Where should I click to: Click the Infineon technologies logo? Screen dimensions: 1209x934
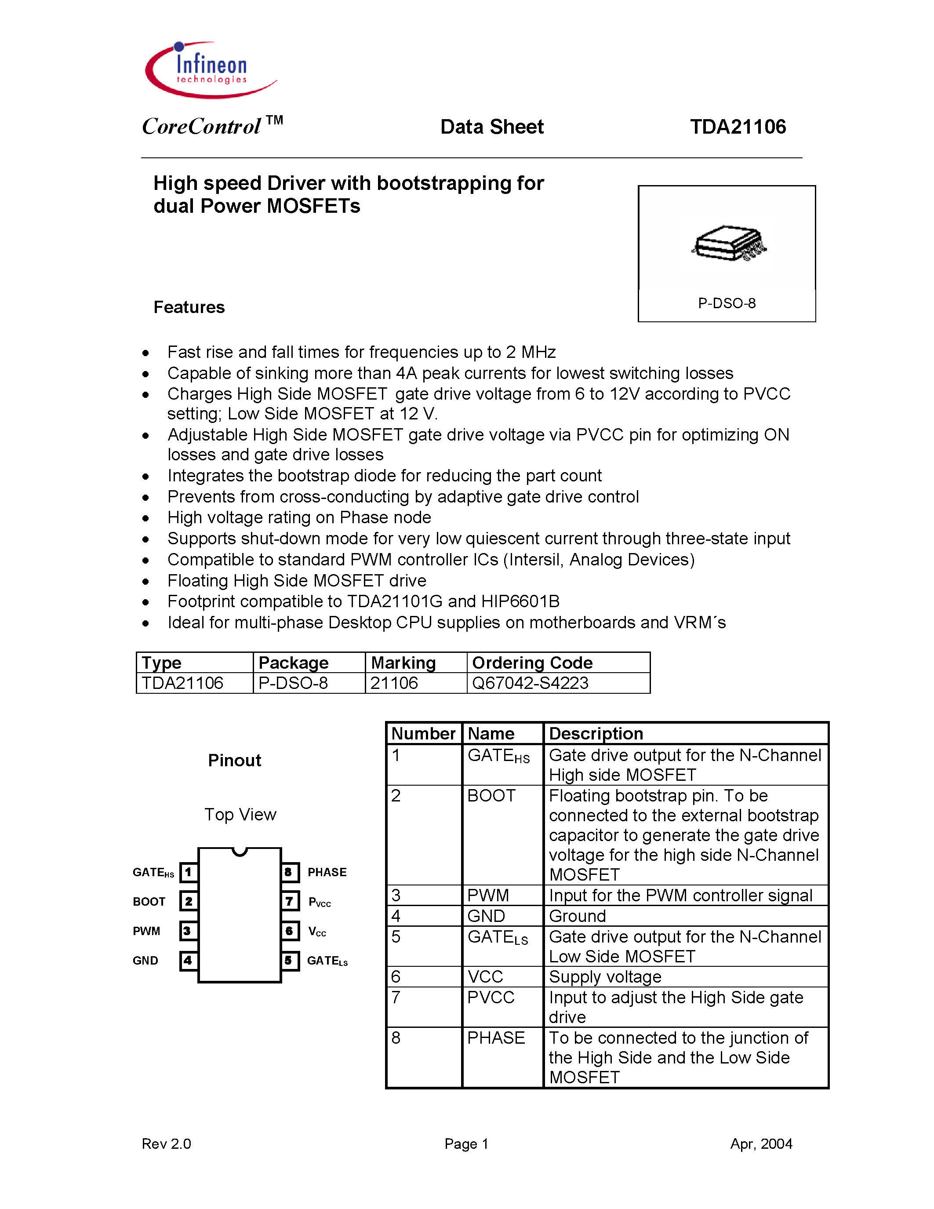click(x=210, y=71)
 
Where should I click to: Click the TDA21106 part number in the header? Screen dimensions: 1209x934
click(x=737, y=127)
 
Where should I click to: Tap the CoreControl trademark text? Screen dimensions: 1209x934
click(x=212, y=126)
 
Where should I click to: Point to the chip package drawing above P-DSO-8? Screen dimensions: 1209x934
click(x=728, y=243)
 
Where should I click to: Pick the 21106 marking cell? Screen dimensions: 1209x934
click(x=394, y=683)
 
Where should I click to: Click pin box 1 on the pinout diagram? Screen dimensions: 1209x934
click(x=189, y=872)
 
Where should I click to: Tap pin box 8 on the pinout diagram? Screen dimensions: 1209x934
click(x=289, y=872)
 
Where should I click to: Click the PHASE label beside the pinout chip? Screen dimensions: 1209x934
click(x=327, y=872)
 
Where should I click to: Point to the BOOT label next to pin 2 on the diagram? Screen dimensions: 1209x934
click(x=149, y=902)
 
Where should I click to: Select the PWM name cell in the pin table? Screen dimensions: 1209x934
click(x=487, y=896)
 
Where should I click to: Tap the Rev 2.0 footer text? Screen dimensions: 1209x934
click(x=166, y=1144)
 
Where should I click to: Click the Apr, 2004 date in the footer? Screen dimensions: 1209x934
click(x=761, y=1144)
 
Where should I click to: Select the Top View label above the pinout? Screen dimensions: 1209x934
click(x=240, y=815)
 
